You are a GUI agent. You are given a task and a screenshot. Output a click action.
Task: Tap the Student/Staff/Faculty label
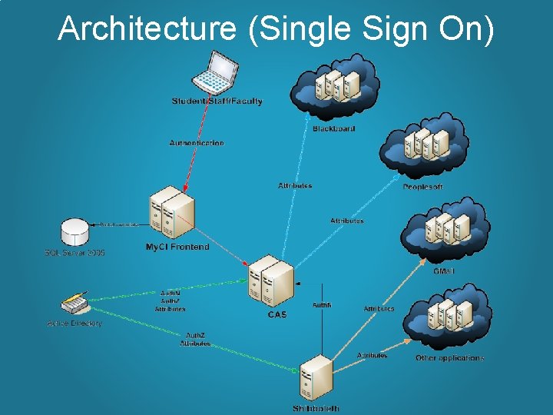[x=217, y=101]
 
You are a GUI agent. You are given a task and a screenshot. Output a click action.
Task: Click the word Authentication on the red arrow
[x=197, y=143]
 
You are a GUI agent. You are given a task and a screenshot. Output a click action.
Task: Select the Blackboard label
[x=333, y=128]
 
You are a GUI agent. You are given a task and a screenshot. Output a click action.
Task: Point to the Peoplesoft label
[x=422, y=187]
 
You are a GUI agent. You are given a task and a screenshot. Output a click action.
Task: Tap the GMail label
[x=443, y=271]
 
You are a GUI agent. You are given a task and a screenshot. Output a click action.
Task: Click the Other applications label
[x=449, y=358]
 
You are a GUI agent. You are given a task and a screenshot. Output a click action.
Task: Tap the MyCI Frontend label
[x=177, y=247]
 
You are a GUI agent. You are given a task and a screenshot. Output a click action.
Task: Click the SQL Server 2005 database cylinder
[x=76, y=231]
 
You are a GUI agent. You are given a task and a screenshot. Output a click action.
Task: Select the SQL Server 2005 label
[x=75, y=252]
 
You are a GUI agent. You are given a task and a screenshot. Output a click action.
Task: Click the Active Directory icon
[x=75, y=303]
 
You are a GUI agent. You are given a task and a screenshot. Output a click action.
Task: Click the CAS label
[x=276, y=314]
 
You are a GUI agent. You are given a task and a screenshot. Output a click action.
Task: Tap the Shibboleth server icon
[x=316, y=377]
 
